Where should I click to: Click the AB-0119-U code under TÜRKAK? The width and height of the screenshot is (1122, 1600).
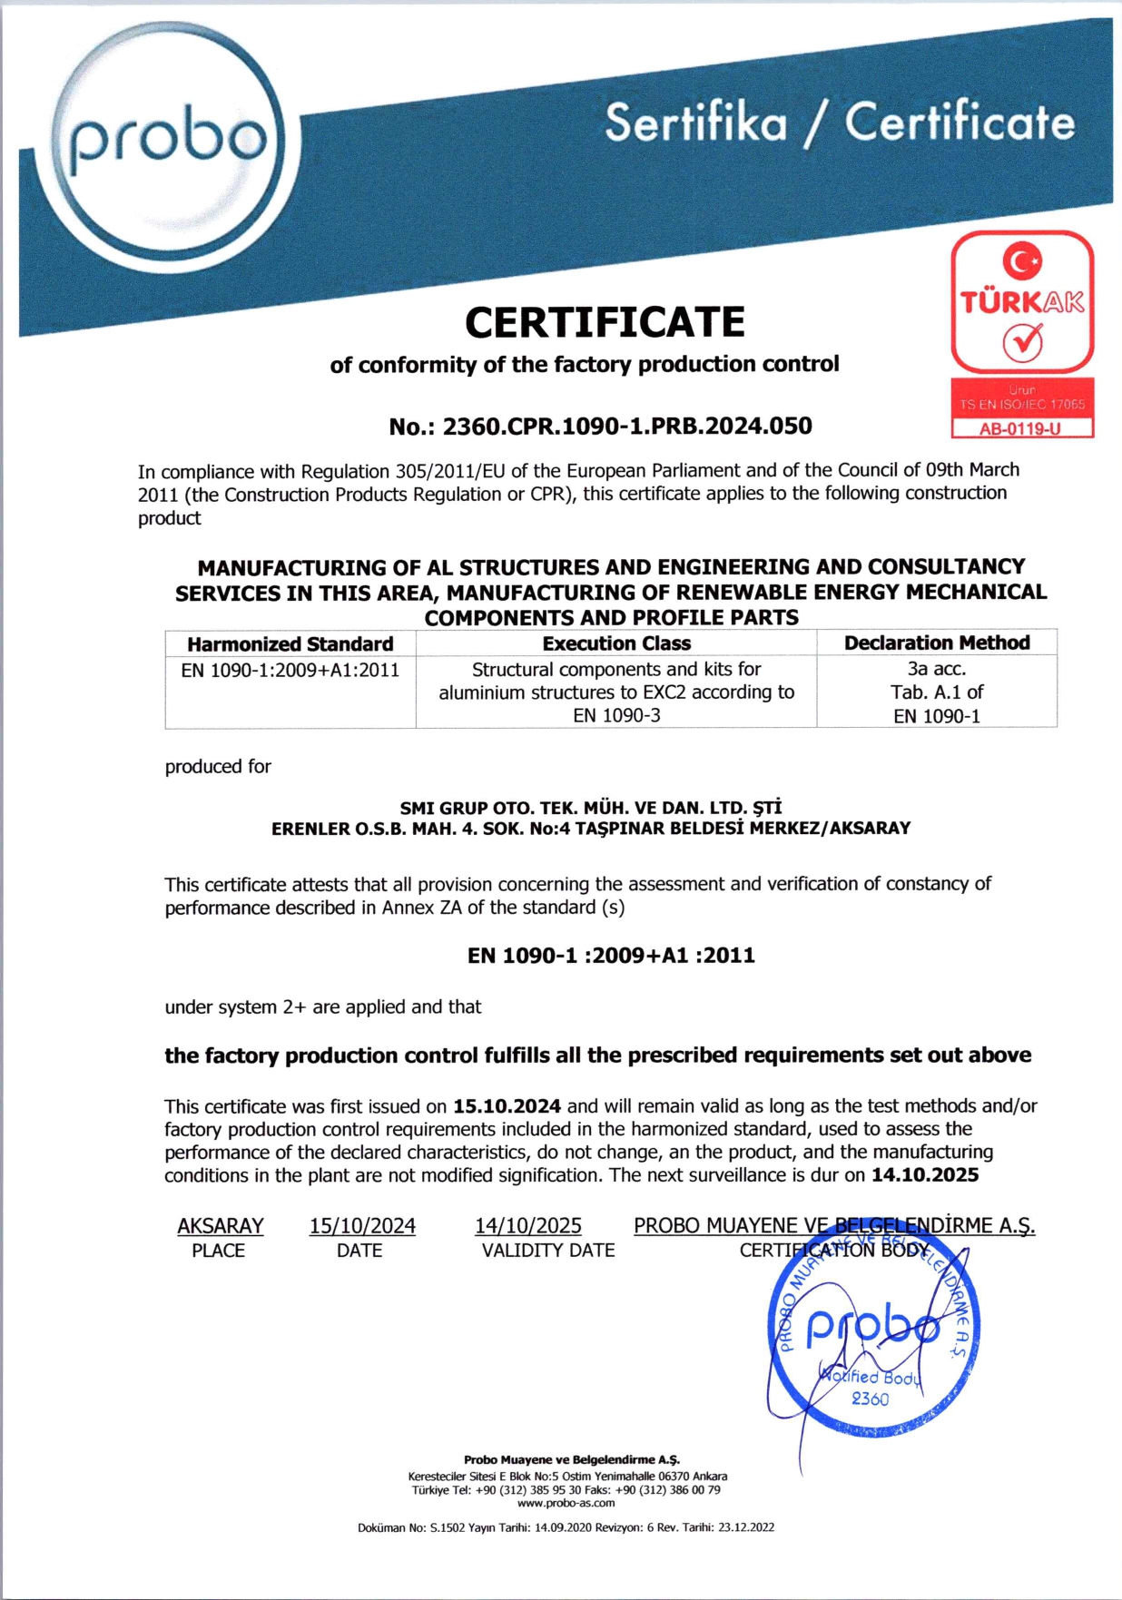1020,428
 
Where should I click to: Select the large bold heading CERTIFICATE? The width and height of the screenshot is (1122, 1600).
605,322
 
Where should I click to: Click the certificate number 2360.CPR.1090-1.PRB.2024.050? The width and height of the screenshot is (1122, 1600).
627,427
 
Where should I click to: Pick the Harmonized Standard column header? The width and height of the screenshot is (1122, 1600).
290,644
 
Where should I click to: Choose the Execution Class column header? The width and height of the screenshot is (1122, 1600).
616,643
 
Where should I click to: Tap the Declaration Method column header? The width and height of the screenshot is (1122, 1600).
937,643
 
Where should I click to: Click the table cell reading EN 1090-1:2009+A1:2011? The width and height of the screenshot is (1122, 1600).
290,671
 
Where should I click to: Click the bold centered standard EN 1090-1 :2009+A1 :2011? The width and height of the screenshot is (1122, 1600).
611,956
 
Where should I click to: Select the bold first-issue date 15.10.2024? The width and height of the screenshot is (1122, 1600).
507,1106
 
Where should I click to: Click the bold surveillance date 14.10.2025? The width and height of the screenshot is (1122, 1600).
925,1175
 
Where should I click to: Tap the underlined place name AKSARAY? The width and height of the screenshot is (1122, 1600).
220,1226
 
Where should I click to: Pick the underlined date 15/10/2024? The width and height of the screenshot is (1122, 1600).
362,1226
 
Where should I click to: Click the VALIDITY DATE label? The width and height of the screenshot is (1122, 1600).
548,1251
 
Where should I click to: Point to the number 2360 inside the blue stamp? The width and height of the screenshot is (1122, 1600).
870,1399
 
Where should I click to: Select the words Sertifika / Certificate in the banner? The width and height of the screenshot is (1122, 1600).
840,123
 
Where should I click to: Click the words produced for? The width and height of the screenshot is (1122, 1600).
218,767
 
